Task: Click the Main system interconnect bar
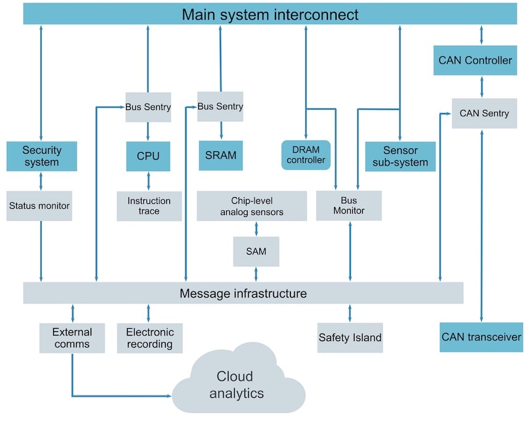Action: pos(270,14)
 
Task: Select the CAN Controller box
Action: pos(475,61)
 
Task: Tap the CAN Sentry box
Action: pos(484,113)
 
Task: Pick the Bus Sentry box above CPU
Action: pos(148,107)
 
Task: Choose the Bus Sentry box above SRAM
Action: pos(220,106)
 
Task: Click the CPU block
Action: pos(148,156)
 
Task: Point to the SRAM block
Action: pos(220,156)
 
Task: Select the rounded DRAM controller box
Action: pos(306,154)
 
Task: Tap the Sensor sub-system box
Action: pos(400,156)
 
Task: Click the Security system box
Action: pos(41,156)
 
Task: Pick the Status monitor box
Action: pos(39,206)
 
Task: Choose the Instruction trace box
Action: pos(149,206)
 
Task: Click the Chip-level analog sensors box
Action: pos(252,206)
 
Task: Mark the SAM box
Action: pos(256,251)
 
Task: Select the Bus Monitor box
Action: pos(349,206)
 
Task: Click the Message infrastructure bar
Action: pos(243,293)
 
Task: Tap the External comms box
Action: pos(72,338)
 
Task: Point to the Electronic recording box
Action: pos(149,338)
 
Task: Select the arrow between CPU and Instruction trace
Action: pos(149,181)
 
